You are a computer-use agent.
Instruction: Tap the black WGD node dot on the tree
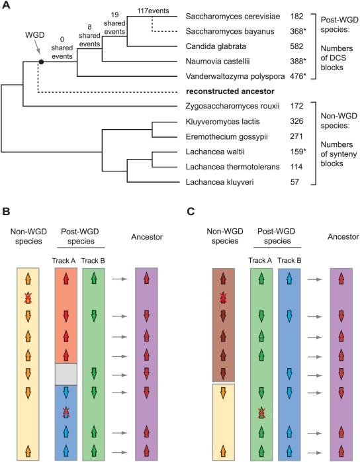[41, 61]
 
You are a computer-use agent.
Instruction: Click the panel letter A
[7, 6]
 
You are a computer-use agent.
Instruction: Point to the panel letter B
[7, 214]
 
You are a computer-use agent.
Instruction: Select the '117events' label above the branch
[152, 8]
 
